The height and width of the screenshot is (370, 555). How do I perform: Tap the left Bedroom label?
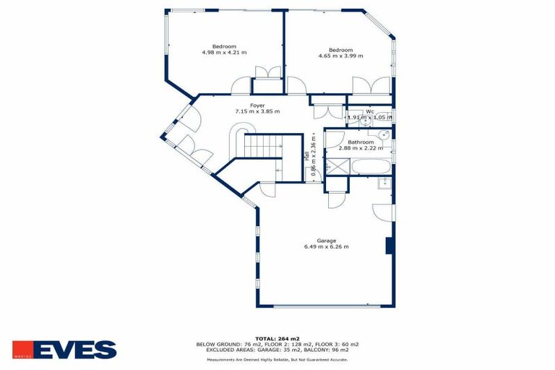click(x=224, y=46)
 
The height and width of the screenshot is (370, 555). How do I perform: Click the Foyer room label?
click(x=257, y=106)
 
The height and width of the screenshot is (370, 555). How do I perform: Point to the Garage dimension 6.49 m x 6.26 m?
click(x=326, y=246)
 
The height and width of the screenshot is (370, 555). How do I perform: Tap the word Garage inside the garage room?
click(x=326, y=241)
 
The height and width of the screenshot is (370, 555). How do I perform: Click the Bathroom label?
click(x=361, y=142)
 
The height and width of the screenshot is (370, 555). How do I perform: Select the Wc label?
click(x=369, y=111)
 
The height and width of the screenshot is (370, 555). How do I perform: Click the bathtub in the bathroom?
click(x=371, y=168)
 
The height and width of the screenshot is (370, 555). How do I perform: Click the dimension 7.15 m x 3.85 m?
click(x=257, y=112)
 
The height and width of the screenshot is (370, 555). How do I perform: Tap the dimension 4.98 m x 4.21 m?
click(x=224, y=53)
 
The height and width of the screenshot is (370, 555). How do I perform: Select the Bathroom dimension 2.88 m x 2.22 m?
click(x=361, y=148)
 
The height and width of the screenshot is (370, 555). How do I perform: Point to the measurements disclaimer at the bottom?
click(x=277, y=359)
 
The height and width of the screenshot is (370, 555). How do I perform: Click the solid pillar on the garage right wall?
click(x=390, y=246)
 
